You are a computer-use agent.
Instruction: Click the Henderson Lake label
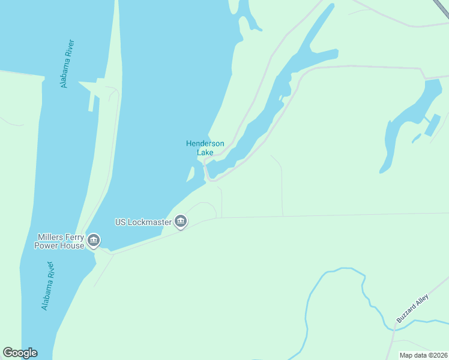(205, 148)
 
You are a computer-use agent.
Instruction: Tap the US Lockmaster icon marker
(181, 223)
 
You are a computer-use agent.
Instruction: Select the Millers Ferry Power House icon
(94, 241)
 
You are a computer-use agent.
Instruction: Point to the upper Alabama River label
(68, 64)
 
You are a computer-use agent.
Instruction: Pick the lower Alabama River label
(48, 286)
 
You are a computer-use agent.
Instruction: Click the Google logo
(20, 353)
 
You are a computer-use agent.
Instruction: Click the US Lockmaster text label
(143, 222)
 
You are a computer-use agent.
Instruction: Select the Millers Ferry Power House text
(59, 241)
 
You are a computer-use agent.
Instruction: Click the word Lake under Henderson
(205, 152)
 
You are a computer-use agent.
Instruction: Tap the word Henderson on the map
(205, 143)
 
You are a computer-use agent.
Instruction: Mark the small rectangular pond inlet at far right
(431, 125)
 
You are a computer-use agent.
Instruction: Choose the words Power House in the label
(59, 245)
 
